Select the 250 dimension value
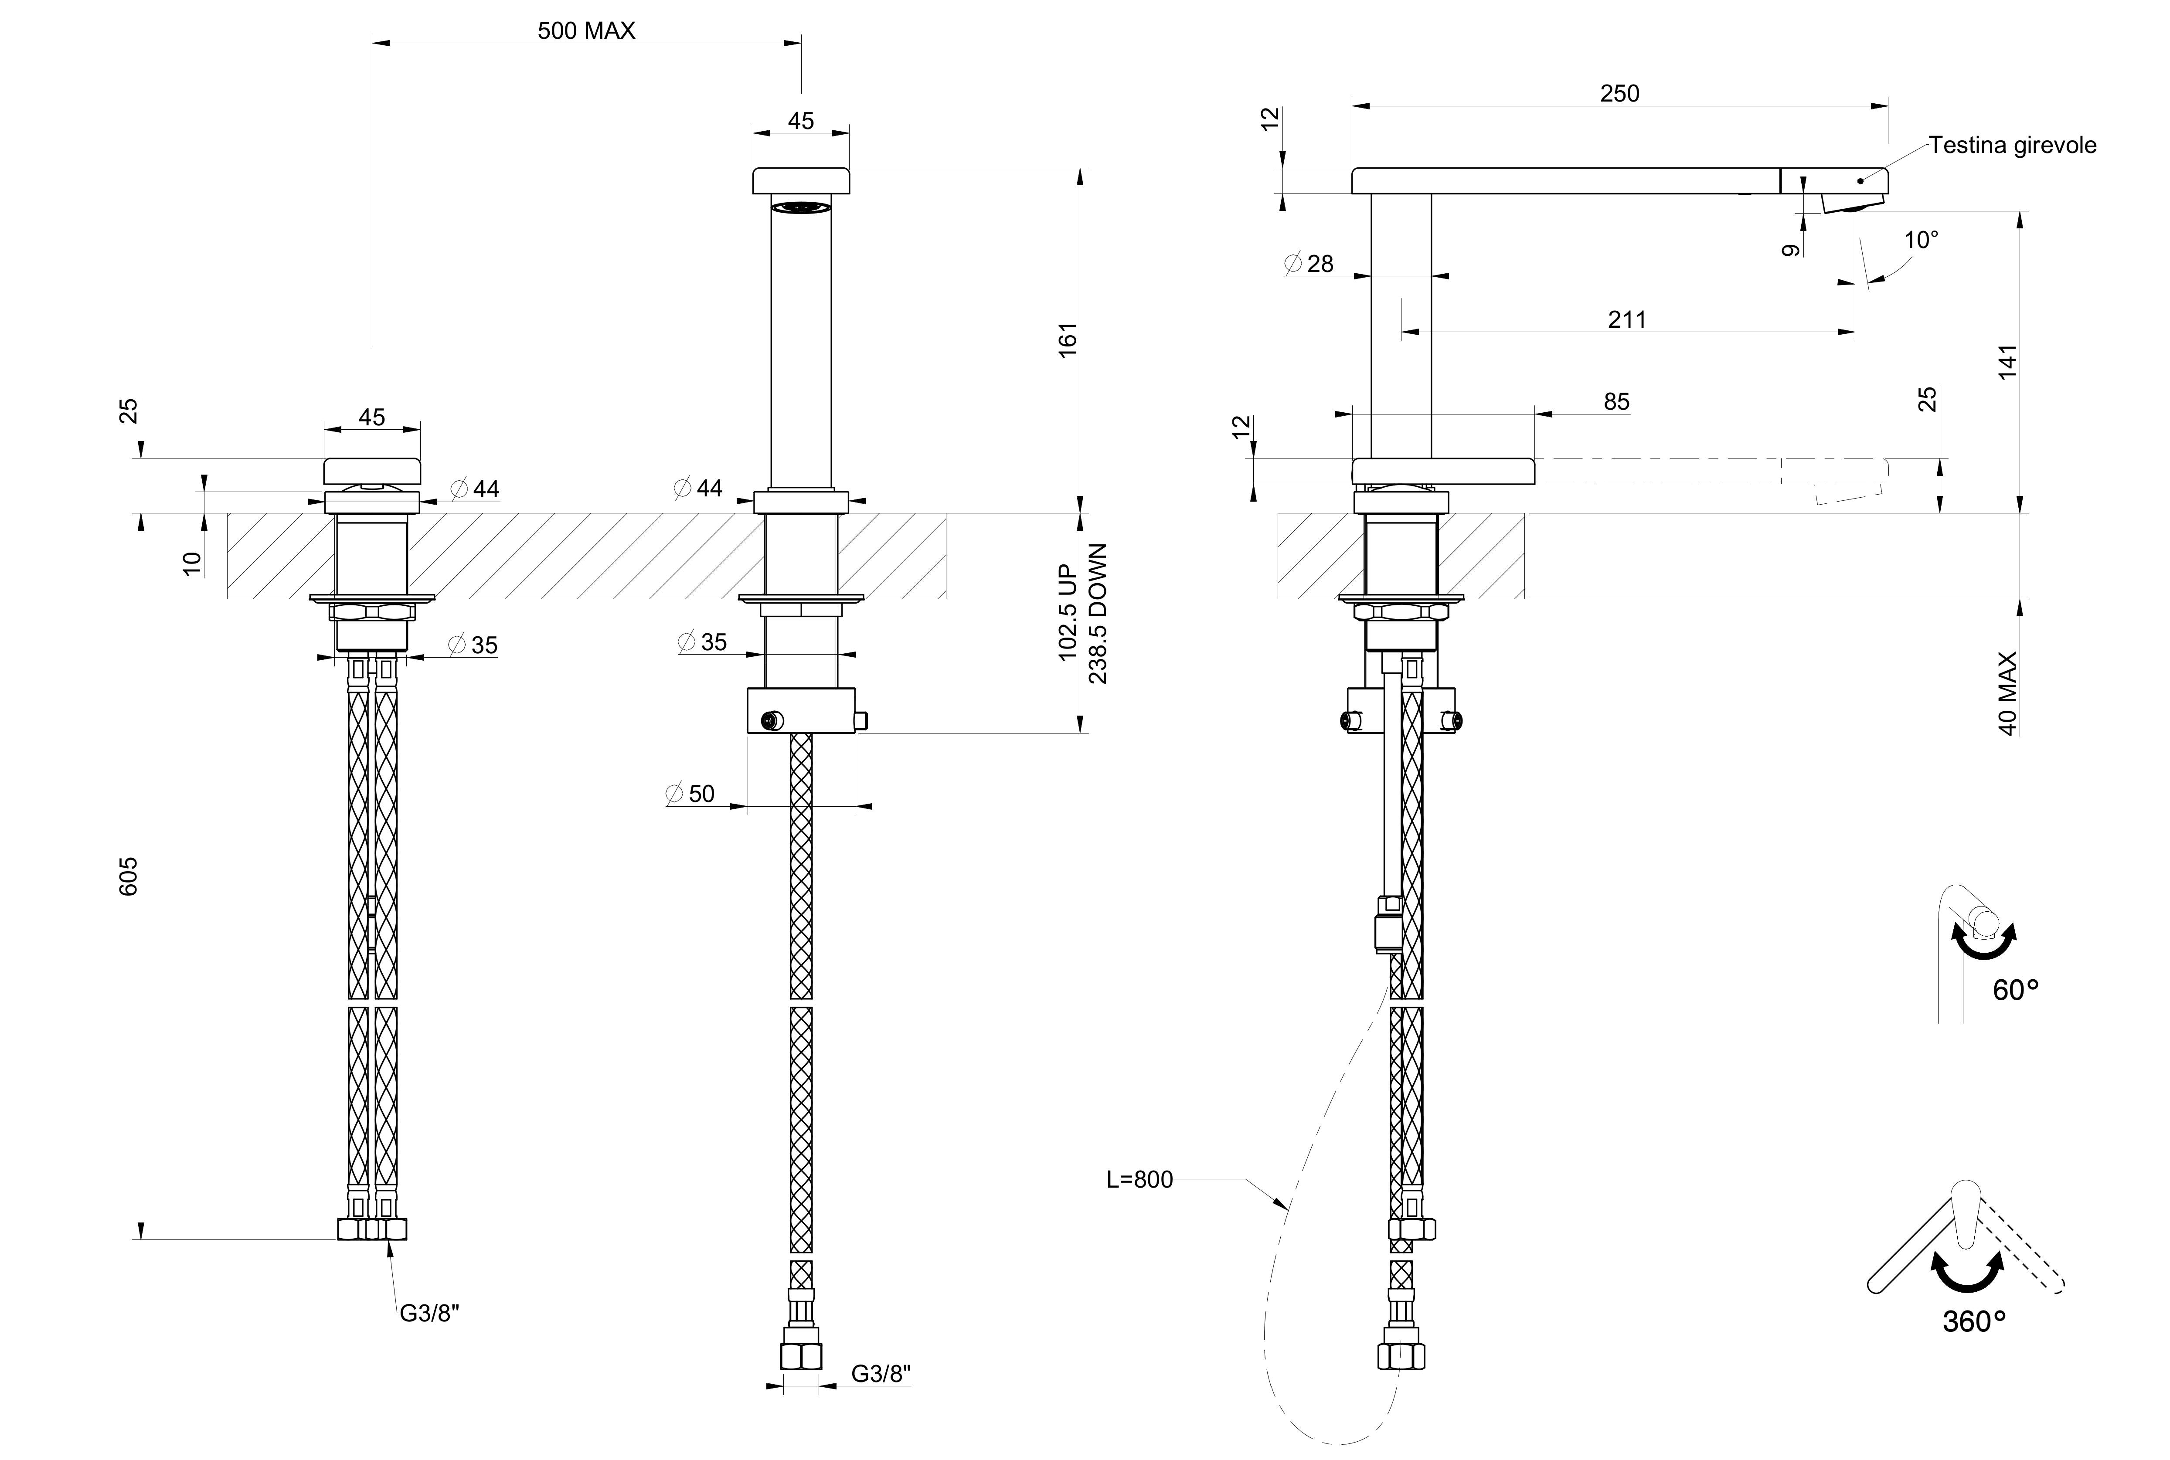[x=1619, y=93]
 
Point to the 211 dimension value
[x=1627, y=319]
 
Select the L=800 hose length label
[x=1139, y=1180]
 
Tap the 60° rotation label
[x=2015, y=990]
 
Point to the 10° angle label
[x=1920, y=240]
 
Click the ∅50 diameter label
[x=690, y=793]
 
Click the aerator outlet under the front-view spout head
[x=801, y=207]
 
